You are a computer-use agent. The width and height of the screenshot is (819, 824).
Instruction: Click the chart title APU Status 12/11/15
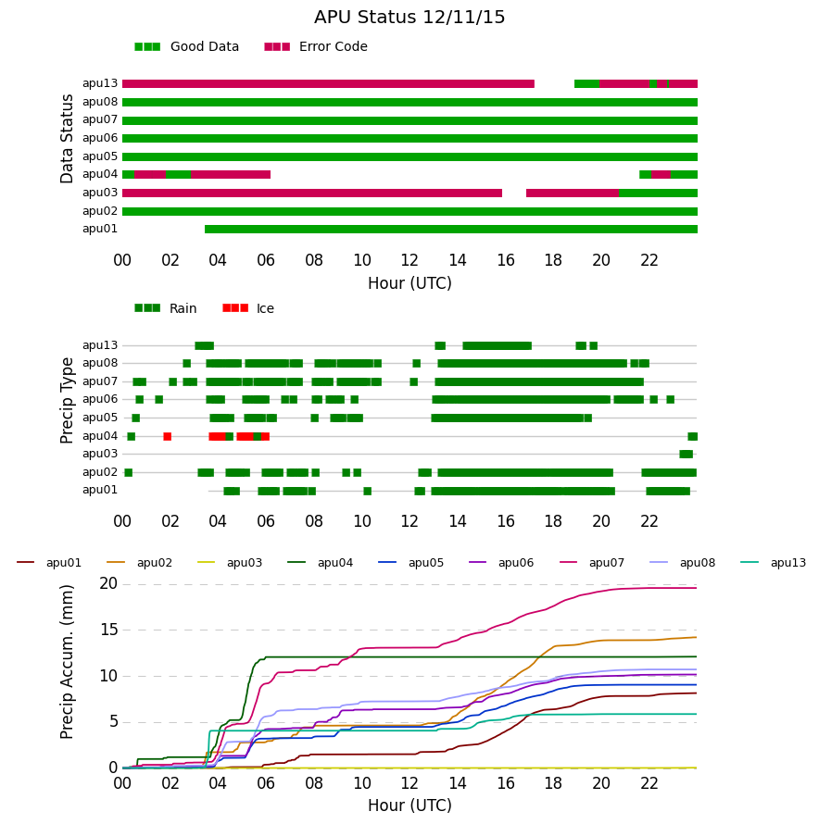pyautogui.click(x=409, y=18)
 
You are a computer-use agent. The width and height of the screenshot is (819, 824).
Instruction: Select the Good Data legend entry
pyautogui.click(x=187, y=47)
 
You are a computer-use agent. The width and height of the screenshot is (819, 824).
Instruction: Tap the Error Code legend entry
pyautogui.click(x=316, y=47)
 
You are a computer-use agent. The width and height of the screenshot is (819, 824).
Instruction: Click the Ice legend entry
pyautogui.click(x=248, y=308)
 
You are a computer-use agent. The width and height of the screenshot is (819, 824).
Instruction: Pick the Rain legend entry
pyautogui.click(x=166, y=308)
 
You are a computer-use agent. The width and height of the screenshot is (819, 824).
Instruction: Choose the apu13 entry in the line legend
pyautogui.click(x=774, y=563)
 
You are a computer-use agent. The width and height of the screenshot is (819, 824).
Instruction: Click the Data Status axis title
pyautogui.click(x=67, y=139)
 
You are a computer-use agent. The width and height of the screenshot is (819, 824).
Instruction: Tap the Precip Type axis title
pyautogui.click(x=67, y=401)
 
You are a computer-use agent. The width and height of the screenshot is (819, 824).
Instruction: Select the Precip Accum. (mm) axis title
pyautogui.click(x=67, y=662)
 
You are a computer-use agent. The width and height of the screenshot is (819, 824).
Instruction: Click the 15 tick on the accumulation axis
pyautogui.click(x=108, y=630)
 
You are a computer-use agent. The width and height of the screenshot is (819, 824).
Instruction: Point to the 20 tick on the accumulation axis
pyautogui.click(x=108, y=584)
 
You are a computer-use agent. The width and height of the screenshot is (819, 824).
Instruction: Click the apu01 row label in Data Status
pyautogui.click(x=100, y=229)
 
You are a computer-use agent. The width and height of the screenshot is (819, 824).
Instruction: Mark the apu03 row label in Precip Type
pyautogui.click(x=100, y=454)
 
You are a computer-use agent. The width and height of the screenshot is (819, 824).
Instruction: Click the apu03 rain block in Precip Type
pyautogui.click(x=686, y=454)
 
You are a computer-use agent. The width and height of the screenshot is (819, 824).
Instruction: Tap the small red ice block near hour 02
pyautogui.click(x=168, y=436)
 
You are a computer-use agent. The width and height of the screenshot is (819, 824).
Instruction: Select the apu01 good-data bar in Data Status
pyautogui.click(x=451, y=229)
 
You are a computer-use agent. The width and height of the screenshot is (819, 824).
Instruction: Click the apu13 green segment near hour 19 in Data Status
pyautogui.click(x=586, y=84)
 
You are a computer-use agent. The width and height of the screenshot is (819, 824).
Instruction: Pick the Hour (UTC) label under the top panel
pyautogui.click(x=409, y=283)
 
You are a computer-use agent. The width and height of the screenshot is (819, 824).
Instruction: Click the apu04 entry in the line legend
pyautogui.click(x=321, y=563)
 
